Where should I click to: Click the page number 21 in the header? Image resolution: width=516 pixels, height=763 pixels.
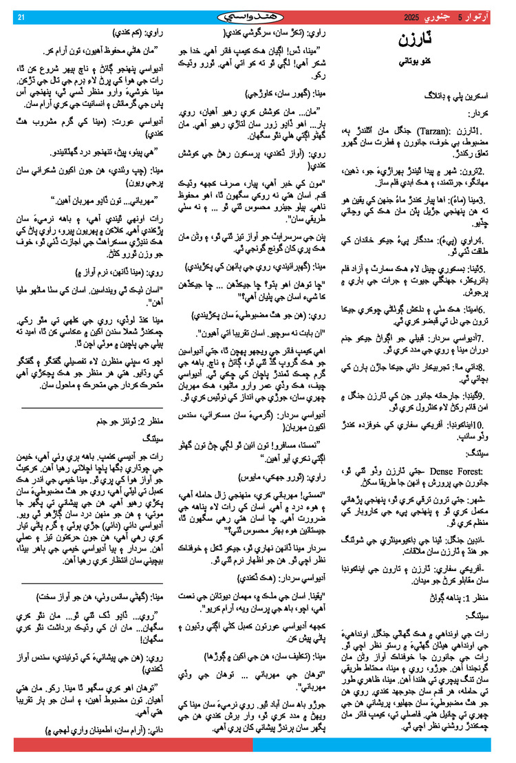pos(21,17)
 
